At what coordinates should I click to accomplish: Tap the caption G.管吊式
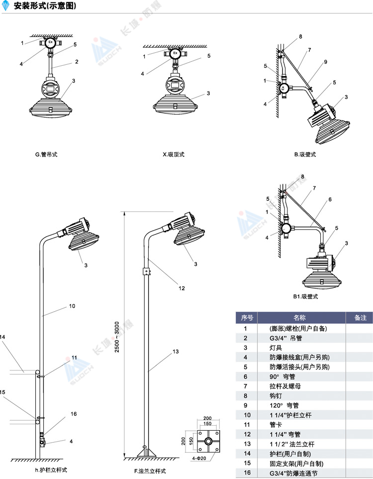click(46, 154)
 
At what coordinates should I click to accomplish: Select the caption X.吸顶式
click(174, 154)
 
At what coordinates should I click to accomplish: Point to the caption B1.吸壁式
click(305, 296)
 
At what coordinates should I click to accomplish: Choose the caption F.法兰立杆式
click(150, 471)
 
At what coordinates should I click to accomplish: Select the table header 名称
click(299, 318)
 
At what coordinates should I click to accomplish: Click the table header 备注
click(360, 318)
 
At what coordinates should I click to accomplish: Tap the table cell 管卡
click(276, 425)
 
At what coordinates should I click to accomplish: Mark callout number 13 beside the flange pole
click(175, 352)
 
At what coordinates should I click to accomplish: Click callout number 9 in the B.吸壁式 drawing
click(325, 62)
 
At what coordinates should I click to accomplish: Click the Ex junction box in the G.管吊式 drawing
click(50, 43)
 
